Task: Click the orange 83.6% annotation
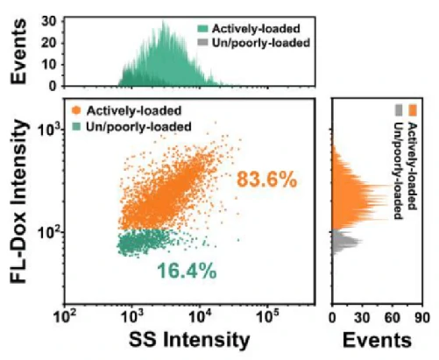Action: pos(266,180)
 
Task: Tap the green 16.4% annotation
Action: pos(187,271)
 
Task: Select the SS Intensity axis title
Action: pos(189,340)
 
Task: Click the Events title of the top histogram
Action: pos(18,52)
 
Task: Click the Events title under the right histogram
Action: pos(377,340)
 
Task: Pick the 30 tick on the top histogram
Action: pos(49,22)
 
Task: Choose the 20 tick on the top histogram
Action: pos(49,44)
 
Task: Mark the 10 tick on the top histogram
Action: pos(49,65)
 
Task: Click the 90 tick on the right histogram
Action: pos(422,318)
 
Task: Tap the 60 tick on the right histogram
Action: pos(393,318)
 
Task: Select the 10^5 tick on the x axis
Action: pos(267,315)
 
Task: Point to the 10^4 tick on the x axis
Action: pos(200,315)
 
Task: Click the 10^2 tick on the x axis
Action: pos(64,315)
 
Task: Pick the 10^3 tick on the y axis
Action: pos(49,131)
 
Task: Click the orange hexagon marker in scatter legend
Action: pos(76,110)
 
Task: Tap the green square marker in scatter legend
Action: pos(76,126)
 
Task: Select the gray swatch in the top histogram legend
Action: pos(202,43)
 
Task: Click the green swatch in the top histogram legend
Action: pos(202,29)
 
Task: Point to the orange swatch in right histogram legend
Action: pos(413,110)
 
